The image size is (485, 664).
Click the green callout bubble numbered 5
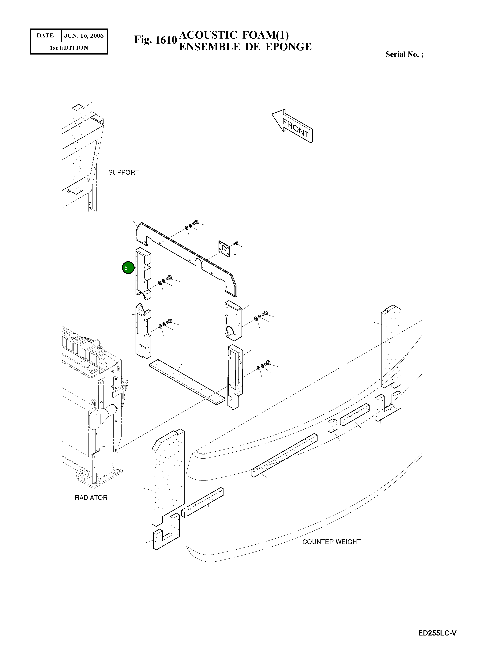pos(128,268)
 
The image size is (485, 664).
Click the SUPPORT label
pos(123,172)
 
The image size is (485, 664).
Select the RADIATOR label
pos(91,498)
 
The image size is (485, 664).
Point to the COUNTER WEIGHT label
pos(331,542)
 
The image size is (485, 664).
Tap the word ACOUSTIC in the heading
pos(208,35)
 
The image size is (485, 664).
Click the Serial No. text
pos(404,54)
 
